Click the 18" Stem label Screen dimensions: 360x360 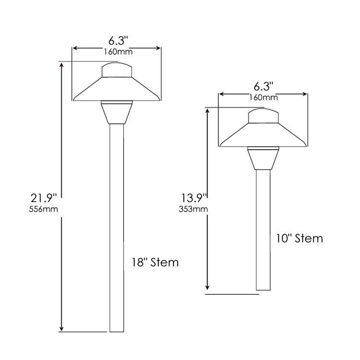click(x=155, y=263)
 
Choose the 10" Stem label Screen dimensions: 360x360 click(x=299, y=238)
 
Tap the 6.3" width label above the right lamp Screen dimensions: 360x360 click(x=263, y=87)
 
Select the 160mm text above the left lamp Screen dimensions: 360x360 click(x=117, y=51)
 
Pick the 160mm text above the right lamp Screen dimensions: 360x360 click(x=263, y=98)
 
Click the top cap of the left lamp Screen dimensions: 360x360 click(x=117, y=70)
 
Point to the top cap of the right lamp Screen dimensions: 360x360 click(x=263, y=117)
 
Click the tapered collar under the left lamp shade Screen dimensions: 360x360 click(x=117, y=113)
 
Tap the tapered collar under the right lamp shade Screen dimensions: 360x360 click(x=263, y=159)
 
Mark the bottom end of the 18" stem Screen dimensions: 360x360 click(x=117, y=330)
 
